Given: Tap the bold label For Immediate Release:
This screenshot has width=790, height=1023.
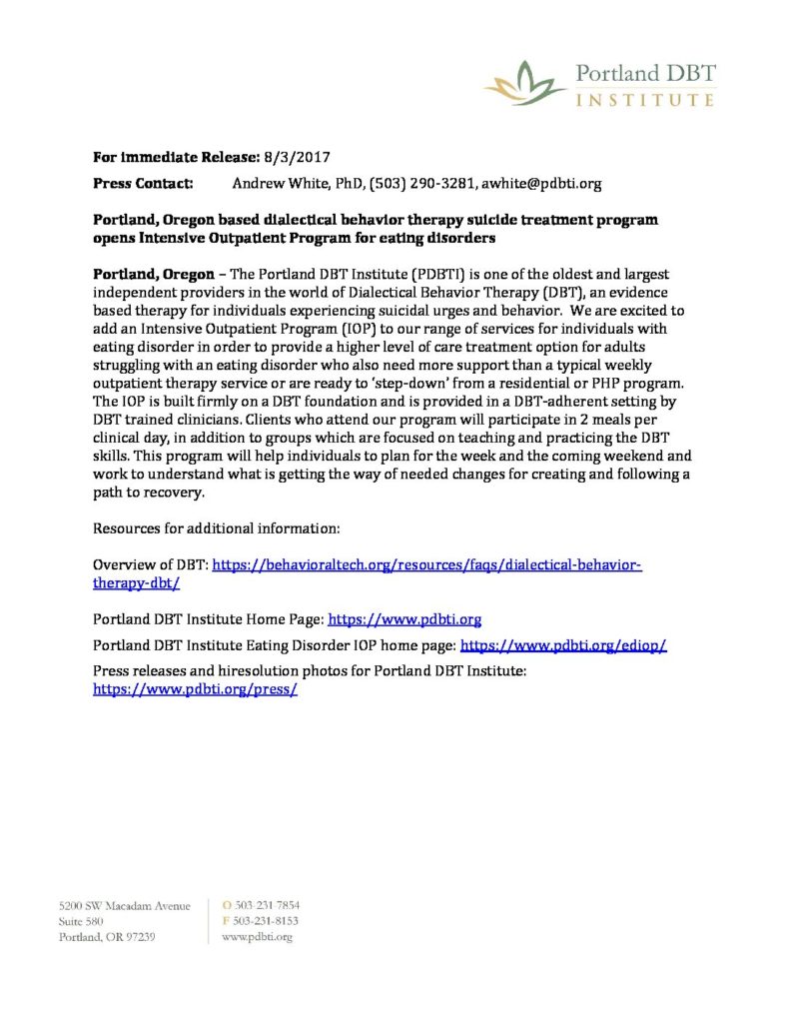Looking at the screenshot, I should (x=175, y=157).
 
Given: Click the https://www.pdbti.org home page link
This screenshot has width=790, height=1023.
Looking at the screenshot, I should (x=405, y=619).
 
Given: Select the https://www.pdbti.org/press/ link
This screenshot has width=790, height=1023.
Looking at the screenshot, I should (x=196, y=689).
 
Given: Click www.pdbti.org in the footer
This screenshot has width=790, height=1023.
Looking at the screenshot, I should (x=257, y=937).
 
